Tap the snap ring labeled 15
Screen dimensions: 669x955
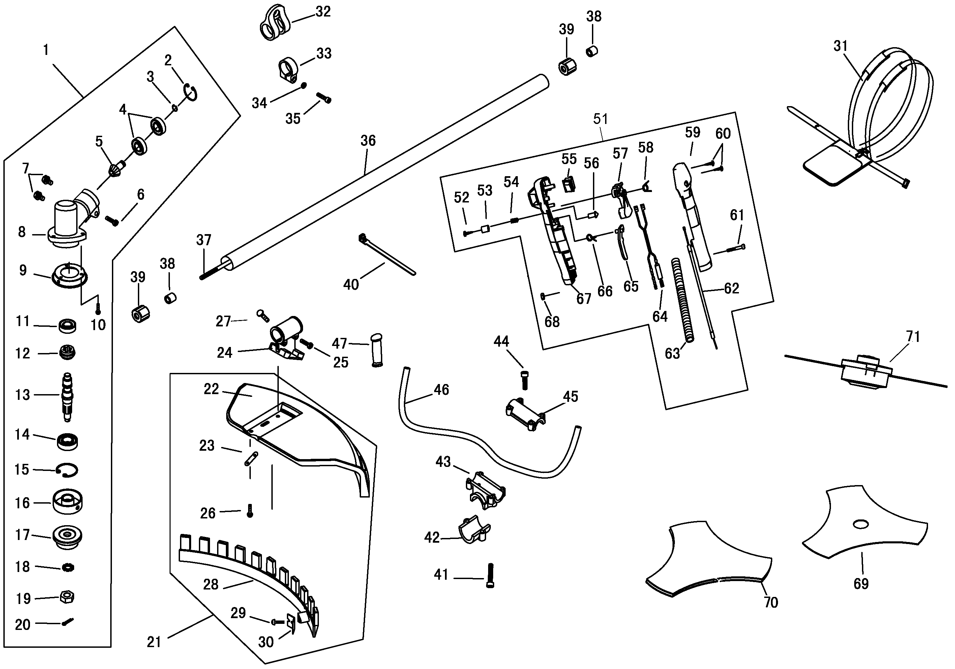point(68,470)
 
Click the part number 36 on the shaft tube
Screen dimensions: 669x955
point(368,141)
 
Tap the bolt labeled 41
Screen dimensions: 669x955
point(490,575)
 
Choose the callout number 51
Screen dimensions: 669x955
point(600,119)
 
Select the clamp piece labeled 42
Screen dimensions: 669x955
point(475,530)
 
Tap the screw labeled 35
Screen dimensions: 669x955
point(324,98)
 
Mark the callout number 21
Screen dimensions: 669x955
point(154,642)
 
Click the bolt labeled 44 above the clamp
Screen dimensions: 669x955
point(524,379)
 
